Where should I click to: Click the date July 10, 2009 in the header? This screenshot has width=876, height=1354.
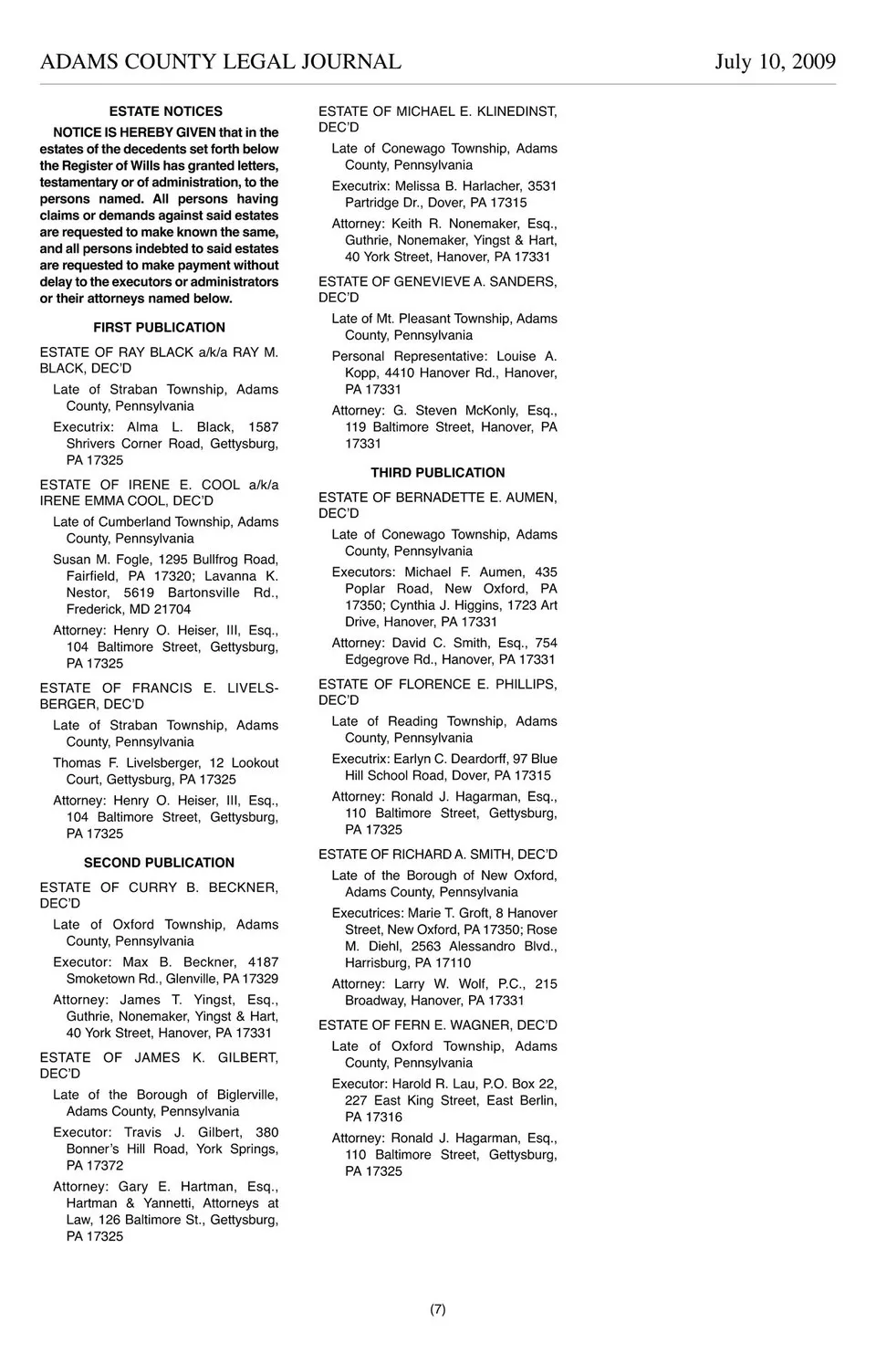coord(775,62)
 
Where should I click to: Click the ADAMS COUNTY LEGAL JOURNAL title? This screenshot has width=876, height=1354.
coord(221,62)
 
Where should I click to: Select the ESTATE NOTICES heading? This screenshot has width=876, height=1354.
coord(165,111)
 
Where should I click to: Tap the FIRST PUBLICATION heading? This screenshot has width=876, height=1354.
coord(159,328)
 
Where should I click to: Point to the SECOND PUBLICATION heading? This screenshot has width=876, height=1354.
coord(159,863)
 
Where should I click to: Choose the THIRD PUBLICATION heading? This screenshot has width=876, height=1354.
coord(437,473)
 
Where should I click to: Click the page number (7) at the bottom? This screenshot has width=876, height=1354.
coord(438,1309)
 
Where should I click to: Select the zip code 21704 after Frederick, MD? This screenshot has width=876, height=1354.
coord(172,610)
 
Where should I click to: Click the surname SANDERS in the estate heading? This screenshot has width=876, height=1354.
coord(523,282)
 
